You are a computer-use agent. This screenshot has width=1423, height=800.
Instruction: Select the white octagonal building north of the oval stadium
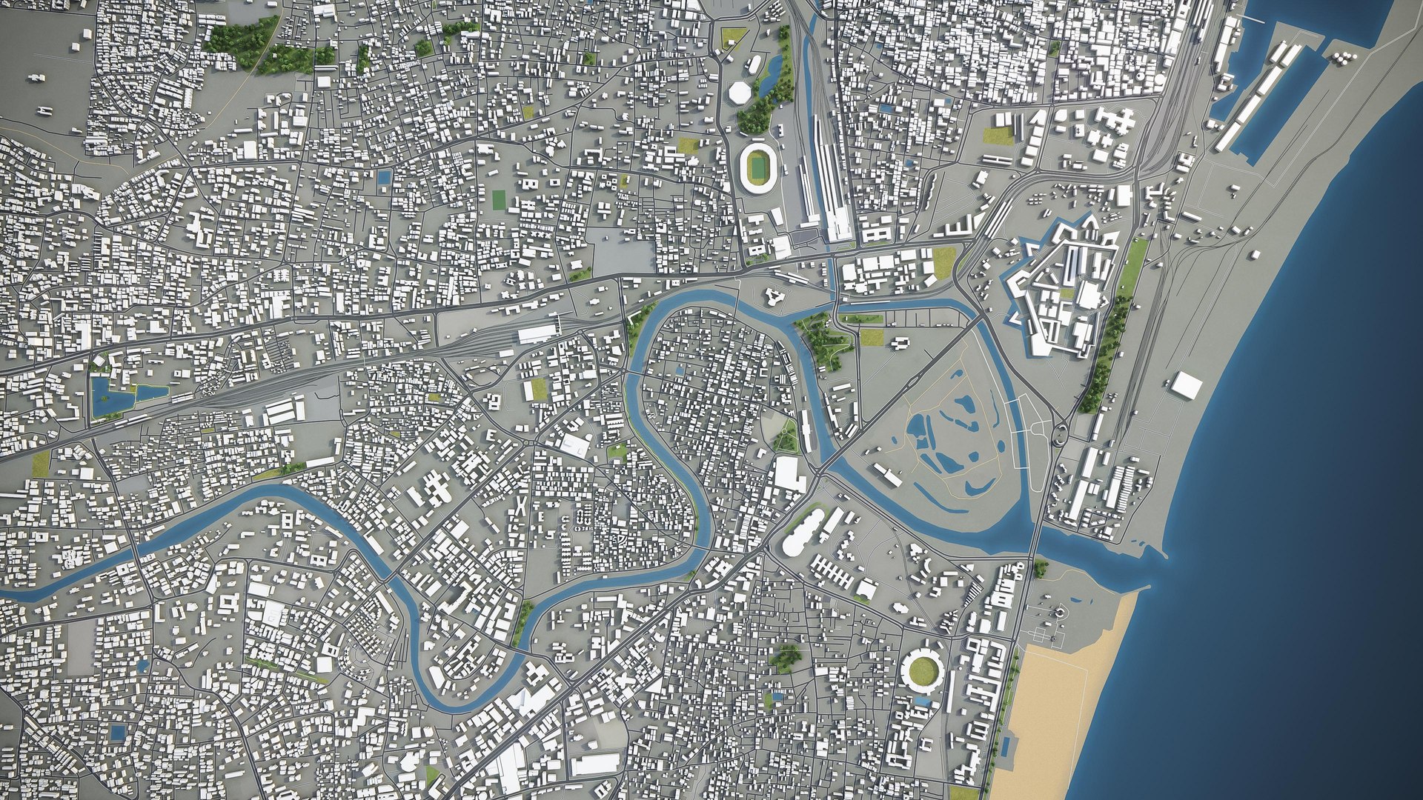point(740,93)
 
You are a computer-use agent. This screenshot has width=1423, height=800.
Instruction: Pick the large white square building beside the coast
point(1187,384)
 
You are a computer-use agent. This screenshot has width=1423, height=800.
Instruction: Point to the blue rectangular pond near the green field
point(384,177)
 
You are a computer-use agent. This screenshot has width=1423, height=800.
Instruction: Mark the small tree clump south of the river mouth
point(1040,568)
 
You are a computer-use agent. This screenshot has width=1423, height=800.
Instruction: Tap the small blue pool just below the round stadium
point(922,701)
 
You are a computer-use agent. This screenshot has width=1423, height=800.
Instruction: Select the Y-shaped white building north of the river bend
point(774,297)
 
